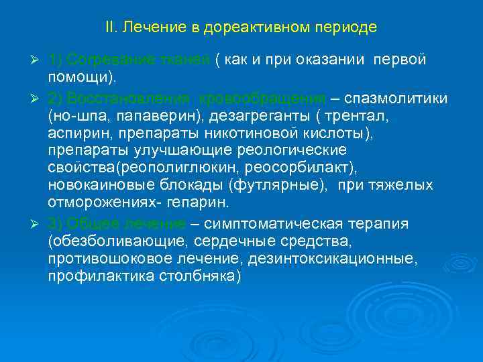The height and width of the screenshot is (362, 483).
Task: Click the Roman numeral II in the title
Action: click(x=110, y=28)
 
